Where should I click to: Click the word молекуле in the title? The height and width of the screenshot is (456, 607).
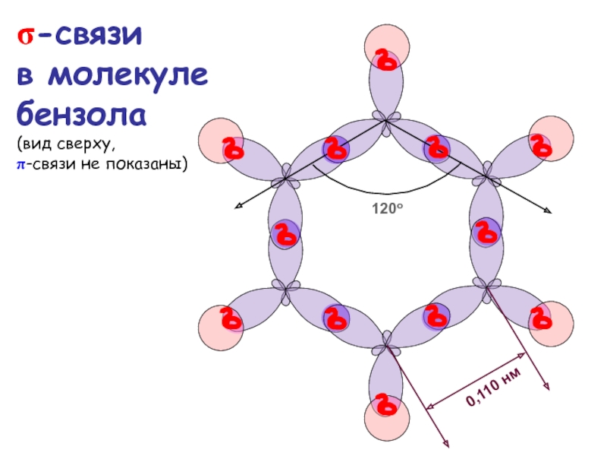pyautogui.click(x=130, y=76)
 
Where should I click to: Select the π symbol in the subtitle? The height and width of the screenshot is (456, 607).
pyautogui.click(x=23, y=163)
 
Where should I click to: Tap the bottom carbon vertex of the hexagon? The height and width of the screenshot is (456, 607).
pyautogui.click(x=387, y=347)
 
